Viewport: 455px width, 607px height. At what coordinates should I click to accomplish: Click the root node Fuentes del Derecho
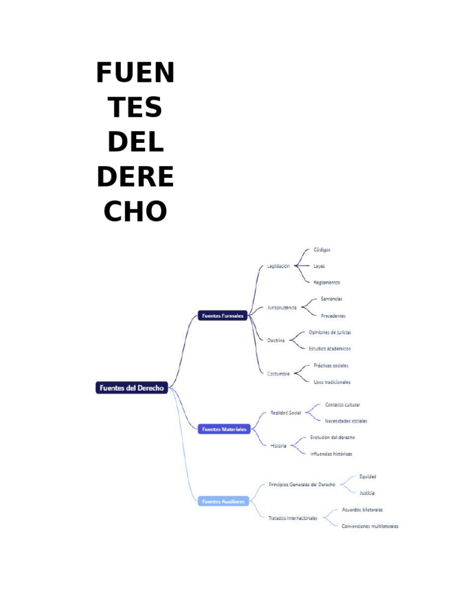pyautogui.click(x=132, y=388)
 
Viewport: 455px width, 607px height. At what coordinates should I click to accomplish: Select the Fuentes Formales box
pyautogui.click(x=222, y=316)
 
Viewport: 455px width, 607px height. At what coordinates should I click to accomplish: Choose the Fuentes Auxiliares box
pyautogui.click(x=223, y=501)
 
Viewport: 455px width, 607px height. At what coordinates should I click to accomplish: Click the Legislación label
pyautogui.click(x=278, y=266)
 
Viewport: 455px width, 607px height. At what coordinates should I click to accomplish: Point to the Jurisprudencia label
pyautogui.click(x=281, y=308)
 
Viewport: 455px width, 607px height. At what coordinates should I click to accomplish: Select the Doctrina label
pyautogui.click(x=275, y=340)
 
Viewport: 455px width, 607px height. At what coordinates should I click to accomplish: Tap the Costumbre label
pyautogui.click(x=278, y=373)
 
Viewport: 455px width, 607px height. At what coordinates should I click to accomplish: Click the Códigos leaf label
pyautogui.click(x=322, y=250)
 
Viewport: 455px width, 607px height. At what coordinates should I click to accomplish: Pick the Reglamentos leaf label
pyautogui.click(x=326, y=282)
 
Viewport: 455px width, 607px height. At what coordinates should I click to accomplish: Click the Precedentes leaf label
pyautogui.click(x=333, y=316)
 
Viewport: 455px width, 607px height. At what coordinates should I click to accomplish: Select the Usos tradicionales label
pyautogui.click(x=332, y=382)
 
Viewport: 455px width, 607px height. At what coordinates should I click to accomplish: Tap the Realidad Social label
pyautogui.click(x=286, y=412)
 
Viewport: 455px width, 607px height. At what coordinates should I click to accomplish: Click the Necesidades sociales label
pyautogui.click(x=345, y=421)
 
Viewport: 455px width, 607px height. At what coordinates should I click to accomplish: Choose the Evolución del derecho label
pyautogui.click(x=332, y=437)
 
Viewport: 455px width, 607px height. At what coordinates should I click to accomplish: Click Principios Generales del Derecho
pyautogui.click(x=302, y=484)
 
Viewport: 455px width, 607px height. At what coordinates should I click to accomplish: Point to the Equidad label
pyautogui.click(x=367, y=476)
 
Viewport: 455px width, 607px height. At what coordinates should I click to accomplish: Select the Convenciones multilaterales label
pyautogui.click(x=370, y=526)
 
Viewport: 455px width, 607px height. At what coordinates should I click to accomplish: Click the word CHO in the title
pyautogui.click(x=135, y=211)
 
